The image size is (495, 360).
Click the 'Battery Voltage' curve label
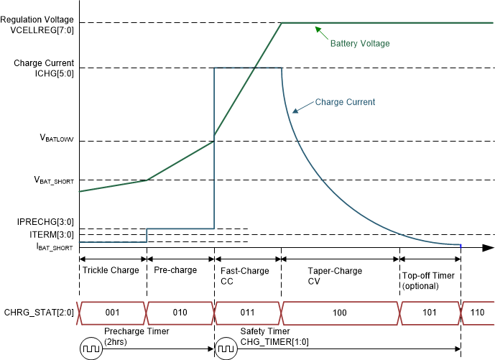359,44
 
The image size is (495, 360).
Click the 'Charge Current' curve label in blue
345,103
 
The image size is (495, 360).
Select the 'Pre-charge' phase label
175,271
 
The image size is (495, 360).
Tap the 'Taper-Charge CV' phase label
335,276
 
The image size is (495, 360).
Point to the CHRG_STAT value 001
112,313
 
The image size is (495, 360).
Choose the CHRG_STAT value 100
340,313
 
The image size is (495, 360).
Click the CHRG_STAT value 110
478,313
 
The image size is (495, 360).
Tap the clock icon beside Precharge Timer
91,349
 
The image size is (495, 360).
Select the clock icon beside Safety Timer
226,349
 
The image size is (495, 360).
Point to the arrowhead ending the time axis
489,247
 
